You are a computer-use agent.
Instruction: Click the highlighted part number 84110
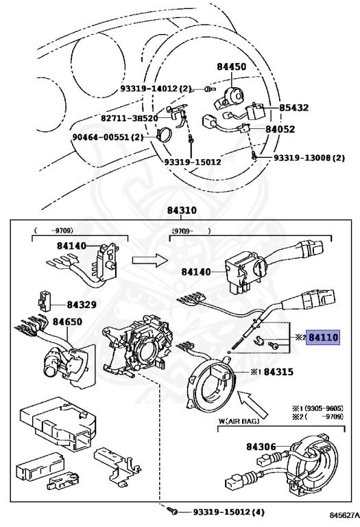coord(324,337)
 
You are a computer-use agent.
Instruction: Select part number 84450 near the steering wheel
coord(231,67)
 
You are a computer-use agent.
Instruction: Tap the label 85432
coord(294,108)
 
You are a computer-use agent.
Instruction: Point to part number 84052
coord(280,130)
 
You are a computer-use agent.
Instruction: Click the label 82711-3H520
coord(130,118)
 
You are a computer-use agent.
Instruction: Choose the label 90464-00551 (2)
coord(108,137)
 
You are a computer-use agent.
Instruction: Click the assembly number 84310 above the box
coord(182,211)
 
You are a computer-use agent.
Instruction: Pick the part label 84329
coord(82,305)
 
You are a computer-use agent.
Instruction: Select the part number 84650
coord(67,322)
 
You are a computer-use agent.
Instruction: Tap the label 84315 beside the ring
coord(278,372)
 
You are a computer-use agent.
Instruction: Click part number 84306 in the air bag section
coord(261,447)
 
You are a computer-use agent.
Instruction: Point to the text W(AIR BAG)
coord(239,421)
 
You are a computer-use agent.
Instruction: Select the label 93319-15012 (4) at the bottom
coord(229,512)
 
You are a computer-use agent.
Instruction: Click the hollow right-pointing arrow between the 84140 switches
coord(149,260)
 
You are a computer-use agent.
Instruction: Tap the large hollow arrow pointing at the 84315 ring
coord(252,404)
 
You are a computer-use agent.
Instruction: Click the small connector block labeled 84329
coord(44,299)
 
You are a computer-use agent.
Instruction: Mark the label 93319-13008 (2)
coord(309,158)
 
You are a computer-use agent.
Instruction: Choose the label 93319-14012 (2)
coord(156,89)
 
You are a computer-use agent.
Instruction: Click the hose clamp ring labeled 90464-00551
coord(164,134)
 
